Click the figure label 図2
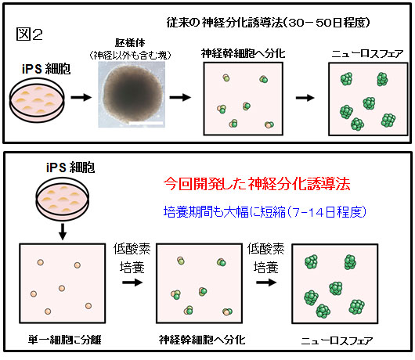click(29, 34)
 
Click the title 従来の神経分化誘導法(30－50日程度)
click(268, 23)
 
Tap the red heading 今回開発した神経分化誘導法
click(257, 184)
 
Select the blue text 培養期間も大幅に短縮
click(225, 212)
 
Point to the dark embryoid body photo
click(132, 95)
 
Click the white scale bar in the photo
click(146, 123)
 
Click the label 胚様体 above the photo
click(130, 42)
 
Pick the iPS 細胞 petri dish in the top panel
click(37, 99)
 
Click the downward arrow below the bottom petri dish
click(63, 232)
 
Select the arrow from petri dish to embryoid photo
click(81, 97)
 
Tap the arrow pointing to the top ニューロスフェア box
click(305, 98)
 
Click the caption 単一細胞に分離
click(64, 340)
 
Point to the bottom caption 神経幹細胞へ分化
click(202, 340)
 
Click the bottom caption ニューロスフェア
click(337, 340)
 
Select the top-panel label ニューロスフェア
click(367, 54)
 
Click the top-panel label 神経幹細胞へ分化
click(243, 53)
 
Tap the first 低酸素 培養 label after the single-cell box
click(132, 258)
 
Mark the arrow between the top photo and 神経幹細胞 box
click(180, 97)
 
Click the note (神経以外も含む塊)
click(130, 55)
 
